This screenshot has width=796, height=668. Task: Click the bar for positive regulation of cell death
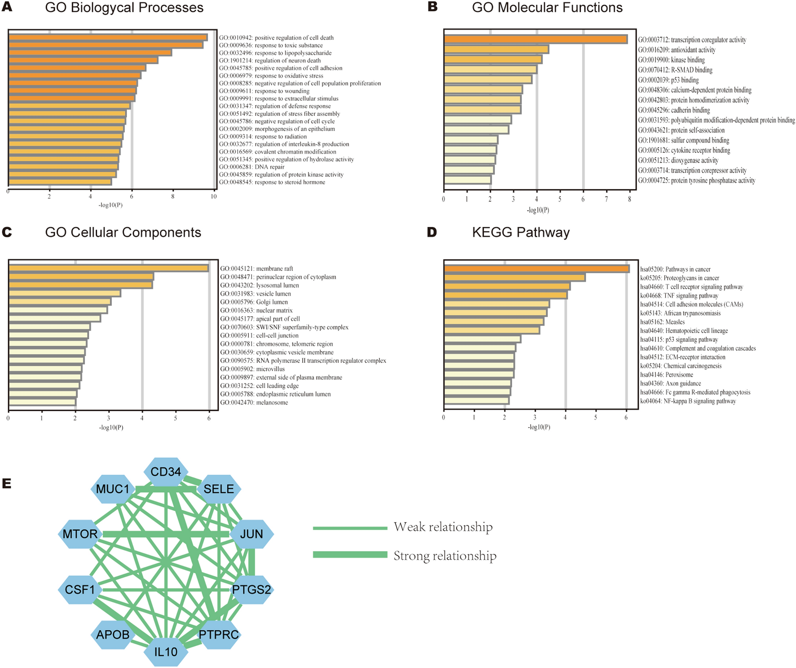pyautogui.click(x=108, y=38)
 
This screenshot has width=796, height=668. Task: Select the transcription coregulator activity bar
pyautogui.click(x=535, y=39)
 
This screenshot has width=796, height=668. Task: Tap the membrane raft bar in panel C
pyautogui.click(x=108, y=269)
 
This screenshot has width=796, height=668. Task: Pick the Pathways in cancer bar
pyautogui.click(x=536, y=269)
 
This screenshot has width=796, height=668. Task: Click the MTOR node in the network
pyautogui.click(x=80, y=534)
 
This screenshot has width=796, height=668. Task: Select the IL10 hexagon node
pyautogui.click(x=166, y=651)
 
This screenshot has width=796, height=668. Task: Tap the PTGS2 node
pyautogui.click(x=251, y=589)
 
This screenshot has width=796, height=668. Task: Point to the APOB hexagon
pyautogui.click(x=113, y=635)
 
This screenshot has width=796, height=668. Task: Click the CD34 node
pyautogui.click(x=166, y=472)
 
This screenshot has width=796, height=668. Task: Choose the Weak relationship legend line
pyautogui.click(x=350, y=528)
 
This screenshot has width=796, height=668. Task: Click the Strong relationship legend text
pyautogui.click(x=445, y=556)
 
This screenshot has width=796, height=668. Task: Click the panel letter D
pyautogui.click(x=432, y=232)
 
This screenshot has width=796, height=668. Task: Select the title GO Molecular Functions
pyautogui.click(x=547, y=8)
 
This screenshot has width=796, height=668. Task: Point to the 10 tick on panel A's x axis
pyautogui.click(x=214, y=196)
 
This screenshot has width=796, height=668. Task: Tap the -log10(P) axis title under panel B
pyautogui.click(x=538, y=210)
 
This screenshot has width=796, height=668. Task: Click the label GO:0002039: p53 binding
pyautogui.click(x=668, y=80)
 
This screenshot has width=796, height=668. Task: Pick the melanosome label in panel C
pyautogui.click(x=254, y=403)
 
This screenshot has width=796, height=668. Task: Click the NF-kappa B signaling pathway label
pyautogui.click(x=688, y=401)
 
